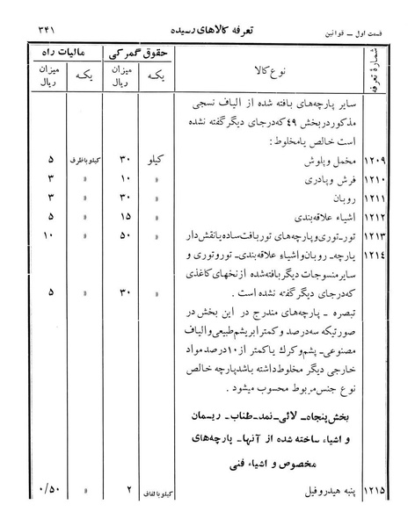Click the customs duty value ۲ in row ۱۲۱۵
(x=127, y=505)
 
